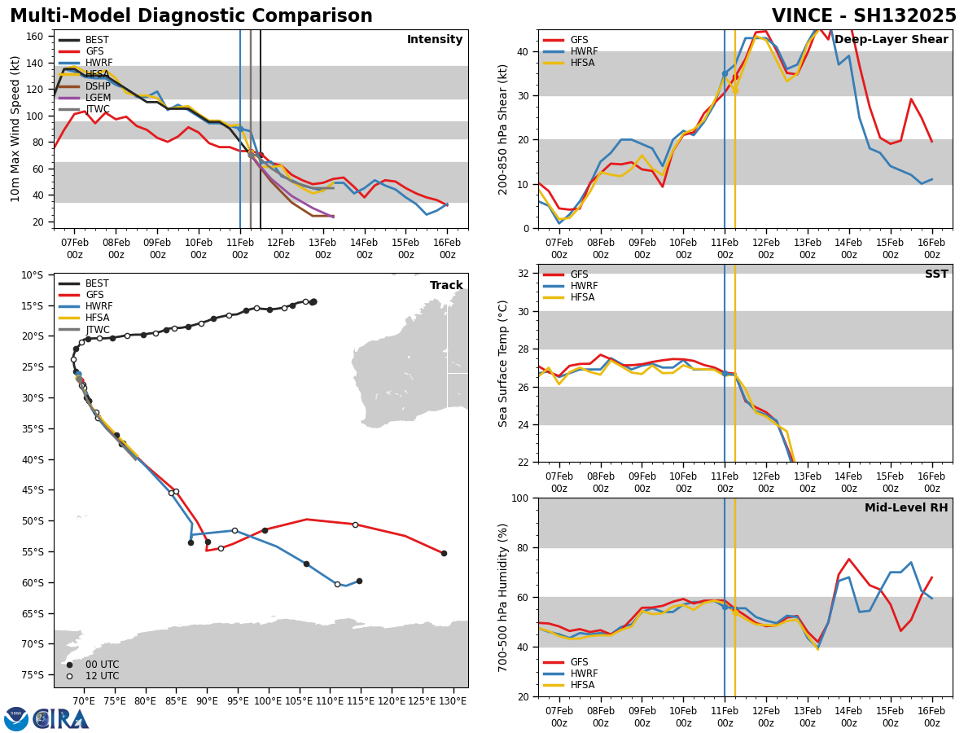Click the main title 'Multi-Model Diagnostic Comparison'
coord(191,16)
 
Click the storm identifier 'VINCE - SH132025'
coord(864,16)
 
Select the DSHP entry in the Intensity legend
coord(97,86)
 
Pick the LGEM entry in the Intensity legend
coord(97,97)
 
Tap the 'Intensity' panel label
coord(435,40)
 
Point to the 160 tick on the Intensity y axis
coord(37,37)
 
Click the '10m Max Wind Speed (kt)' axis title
coord(15,129)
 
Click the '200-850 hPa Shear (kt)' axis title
coord(503,129)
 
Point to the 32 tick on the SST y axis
coord(525,274)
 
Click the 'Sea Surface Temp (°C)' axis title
coord(503,363)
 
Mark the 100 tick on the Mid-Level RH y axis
coord(521,498)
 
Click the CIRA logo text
coord(61,719)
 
